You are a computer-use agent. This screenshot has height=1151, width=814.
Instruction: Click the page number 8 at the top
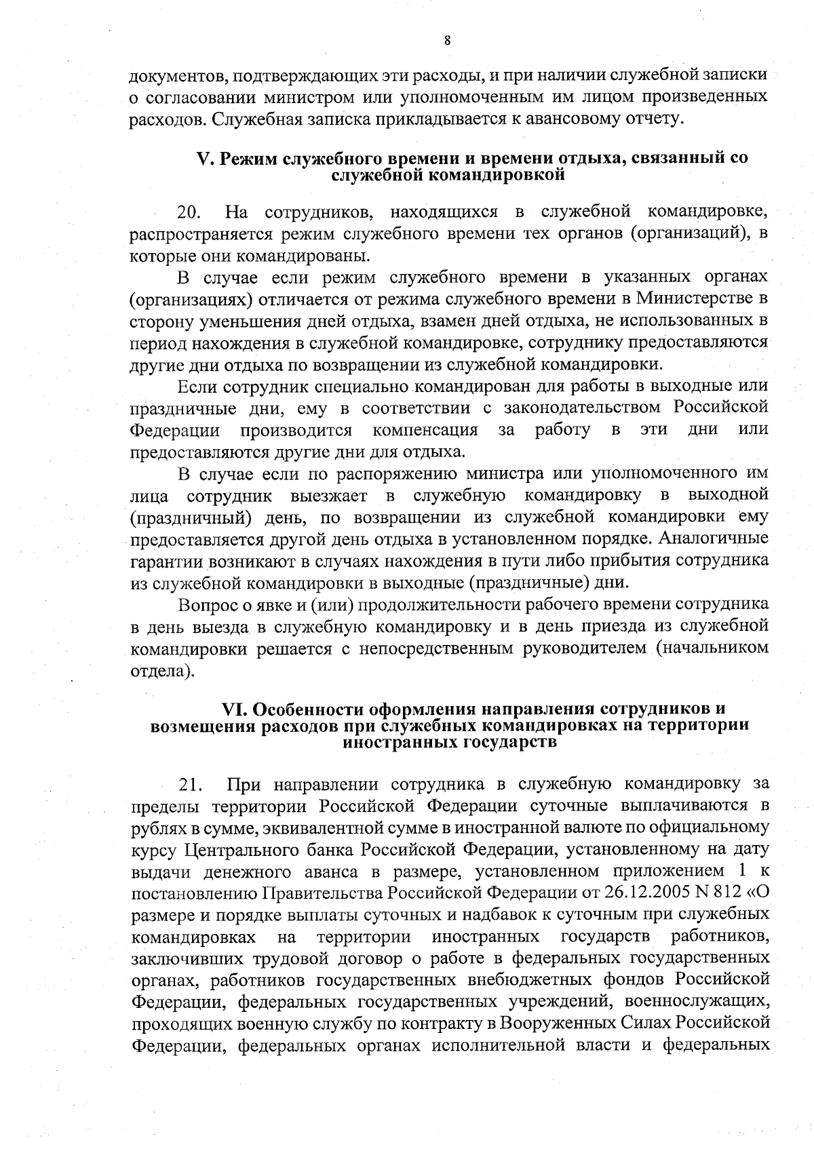(447, 40)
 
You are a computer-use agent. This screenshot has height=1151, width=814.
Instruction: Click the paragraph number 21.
(191, 785)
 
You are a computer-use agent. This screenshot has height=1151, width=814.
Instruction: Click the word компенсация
(425, 430)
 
